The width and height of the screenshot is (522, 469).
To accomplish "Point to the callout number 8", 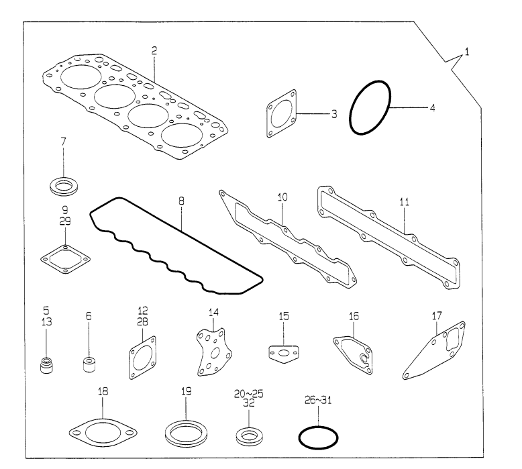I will (x=181, y=201).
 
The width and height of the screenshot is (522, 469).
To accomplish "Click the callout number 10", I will (x=282, y=198).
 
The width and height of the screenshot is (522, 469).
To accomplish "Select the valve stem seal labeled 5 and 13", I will (x=46, y=367).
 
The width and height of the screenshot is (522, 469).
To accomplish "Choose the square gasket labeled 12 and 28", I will (x=142, y=357).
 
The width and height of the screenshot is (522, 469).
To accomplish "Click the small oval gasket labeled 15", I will (x=284, y=354).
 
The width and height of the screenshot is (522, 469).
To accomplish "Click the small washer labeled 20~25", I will (x=248, y=437).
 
